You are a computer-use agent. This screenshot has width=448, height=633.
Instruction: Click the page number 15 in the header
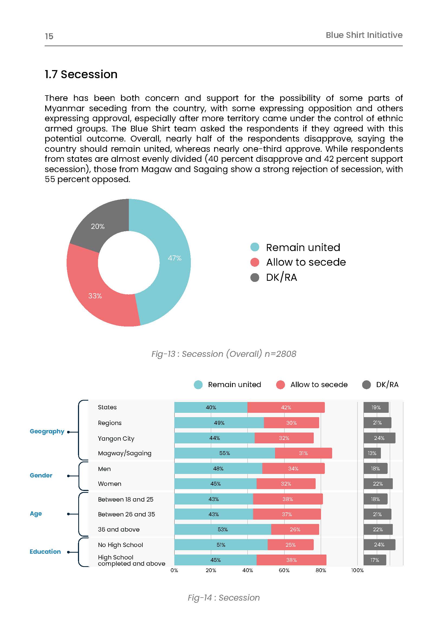[x=49, y=36]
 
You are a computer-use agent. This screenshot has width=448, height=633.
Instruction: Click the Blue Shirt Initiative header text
[x=364, y=35]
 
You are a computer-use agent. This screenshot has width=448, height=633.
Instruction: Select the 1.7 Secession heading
[x=81, y=74]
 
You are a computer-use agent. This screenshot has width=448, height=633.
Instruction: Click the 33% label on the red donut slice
[x=95, y=296]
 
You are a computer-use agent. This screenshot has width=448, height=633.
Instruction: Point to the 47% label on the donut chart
[x=175, y=258]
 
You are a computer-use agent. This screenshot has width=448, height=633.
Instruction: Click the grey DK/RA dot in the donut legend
[x=255, y=277]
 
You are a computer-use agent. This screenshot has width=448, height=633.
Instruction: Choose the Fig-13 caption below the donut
[x=224, y=354]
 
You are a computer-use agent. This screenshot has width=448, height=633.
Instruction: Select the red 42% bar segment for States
[x=286, y=407]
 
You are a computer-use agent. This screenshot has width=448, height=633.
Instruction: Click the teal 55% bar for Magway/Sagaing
[x=224, y=453]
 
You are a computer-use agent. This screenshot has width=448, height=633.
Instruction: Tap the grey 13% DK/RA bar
[x=372, y=453]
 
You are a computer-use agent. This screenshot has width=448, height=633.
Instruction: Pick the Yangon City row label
[x=116, y=438]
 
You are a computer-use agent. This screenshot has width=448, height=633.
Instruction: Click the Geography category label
[x=47, y=431]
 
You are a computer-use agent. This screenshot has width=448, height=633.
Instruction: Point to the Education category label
[x=45, y=551]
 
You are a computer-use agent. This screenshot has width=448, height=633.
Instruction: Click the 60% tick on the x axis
[x=284, y=571]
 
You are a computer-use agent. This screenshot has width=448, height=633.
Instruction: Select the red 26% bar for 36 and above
[x=295, y=529]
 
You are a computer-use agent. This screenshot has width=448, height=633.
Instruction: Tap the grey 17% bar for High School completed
[x=375, y=560]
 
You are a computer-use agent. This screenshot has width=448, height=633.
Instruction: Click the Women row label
[x=110, y=484]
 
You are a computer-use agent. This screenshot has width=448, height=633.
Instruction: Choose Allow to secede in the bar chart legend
[x=319, y=385]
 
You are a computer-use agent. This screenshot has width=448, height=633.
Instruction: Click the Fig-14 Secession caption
[x=224, y=598]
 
